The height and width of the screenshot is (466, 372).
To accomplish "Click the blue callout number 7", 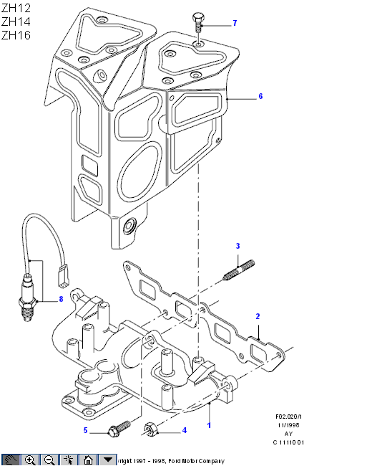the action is point(235,23).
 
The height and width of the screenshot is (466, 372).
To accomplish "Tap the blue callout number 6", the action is point(260,96).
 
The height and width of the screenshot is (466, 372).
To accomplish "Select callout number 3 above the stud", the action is point(238,246).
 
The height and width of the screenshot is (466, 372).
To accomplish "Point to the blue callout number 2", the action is point(258,316).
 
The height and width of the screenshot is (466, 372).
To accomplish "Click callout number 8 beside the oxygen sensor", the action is point(61,299).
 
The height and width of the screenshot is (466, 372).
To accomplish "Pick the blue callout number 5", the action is point(85,430).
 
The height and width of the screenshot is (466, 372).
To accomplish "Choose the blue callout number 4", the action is point(185,430).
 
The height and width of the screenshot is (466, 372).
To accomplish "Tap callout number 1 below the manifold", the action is point(209,425).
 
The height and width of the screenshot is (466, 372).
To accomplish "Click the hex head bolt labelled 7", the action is point(198,22).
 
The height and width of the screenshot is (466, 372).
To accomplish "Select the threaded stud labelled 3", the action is point(239,270).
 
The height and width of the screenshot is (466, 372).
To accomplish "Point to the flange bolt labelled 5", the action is point(119,429).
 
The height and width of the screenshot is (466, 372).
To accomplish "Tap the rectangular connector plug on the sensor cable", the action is point(64,277).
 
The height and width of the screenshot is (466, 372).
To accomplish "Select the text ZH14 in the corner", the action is point(16,22).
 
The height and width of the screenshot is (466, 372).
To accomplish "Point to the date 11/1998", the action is point(288,425).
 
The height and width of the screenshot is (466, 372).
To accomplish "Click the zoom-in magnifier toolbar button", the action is point(30,460).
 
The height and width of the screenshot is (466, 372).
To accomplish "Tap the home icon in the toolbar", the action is point(88,460).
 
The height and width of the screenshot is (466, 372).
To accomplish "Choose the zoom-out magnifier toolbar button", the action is point(49,460).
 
